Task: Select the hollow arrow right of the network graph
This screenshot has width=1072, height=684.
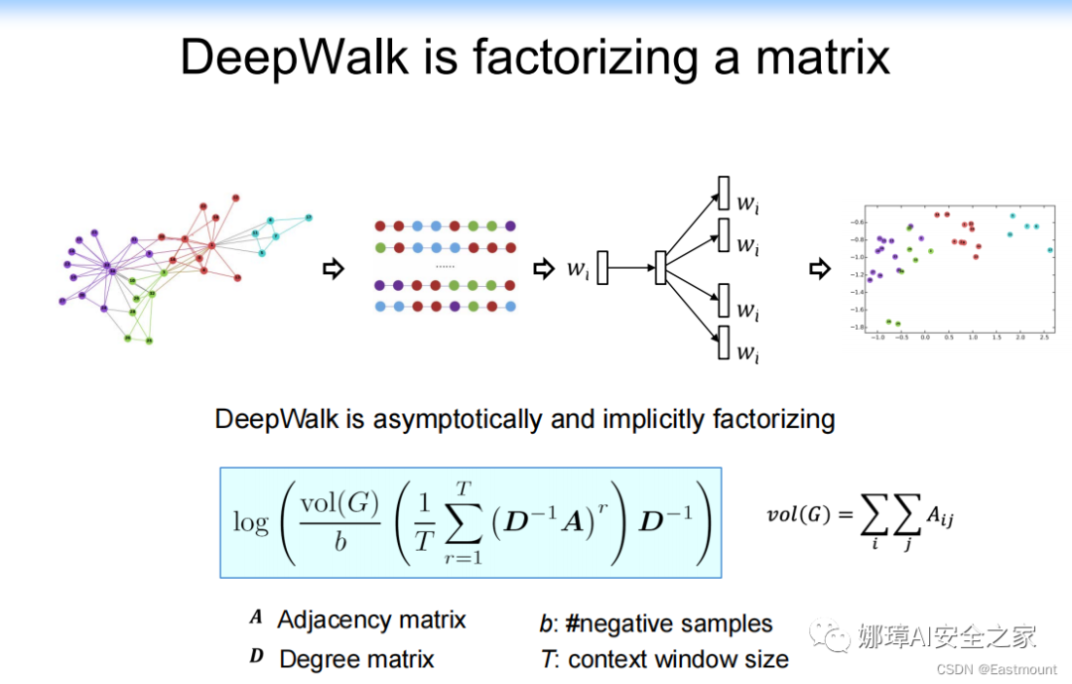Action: coord(335,268)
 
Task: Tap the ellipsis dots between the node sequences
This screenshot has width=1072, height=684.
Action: coord(446,266)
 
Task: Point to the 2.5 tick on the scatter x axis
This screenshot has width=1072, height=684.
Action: coord(1044,338)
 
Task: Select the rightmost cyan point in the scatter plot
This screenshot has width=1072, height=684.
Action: coord(1050,250)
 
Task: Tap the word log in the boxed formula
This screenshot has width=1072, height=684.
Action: coord(251,522)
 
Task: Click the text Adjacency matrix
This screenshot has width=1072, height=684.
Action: coord(371,619)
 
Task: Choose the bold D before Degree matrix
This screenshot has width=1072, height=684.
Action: coord(257,657)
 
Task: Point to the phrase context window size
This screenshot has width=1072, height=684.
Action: coord(679,658)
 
